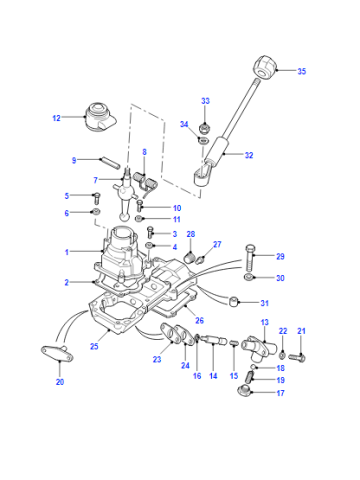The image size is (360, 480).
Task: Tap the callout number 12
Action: [x=57, y=118]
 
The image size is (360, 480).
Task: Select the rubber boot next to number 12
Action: [x=100, y=117]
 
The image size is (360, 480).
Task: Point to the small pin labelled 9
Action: [x=109, y=163]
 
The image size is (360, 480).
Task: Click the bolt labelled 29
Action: [x=251, y=258]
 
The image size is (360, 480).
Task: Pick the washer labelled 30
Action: [x=248, y=277]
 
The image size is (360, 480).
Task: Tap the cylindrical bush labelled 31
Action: [x=233, y=301]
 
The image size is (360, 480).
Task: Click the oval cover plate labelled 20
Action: [x=57, y=353]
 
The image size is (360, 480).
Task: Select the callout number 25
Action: [x=94, y=346]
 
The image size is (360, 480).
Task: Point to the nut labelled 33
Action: [x=204, y=129]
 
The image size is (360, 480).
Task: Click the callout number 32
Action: [x=249, y=155]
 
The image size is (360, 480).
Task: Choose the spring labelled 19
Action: [x=250, y=377]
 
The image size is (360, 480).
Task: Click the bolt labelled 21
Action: [x=297, y=358]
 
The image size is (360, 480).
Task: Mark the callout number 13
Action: [x=264, y=322]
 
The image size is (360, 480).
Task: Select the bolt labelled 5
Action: [x=97, y=198]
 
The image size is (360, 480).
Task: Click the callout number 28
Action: [x=191, y=234]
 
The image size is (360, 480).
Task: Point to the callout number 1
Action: [x=67, y=252]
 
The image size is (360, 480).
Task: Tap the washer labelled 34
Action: [x=203, y=141]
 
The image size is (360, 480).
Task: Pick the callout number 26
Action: [x=199, y=321]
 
